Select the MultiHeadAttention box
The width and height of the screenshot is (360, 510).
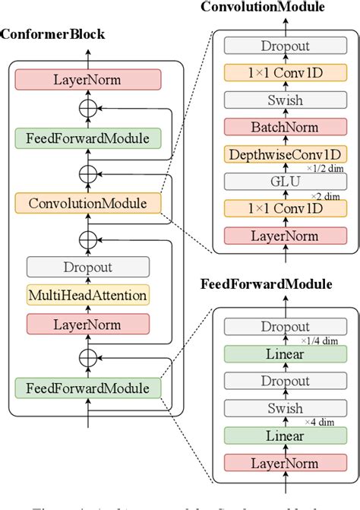(87, 295)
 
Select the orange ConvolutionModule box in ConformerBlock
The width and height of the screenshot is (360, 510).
(87, 203)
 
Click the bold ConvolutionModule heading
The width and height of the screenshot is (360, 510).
(263, 8)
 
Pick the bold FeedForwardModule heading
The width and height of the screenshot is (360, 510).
(266, 285)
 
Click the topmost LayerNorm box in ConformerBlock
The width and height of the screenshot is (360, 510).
(87, 80)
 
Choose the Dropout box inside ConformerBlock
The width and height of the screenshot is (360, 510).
(87, 267)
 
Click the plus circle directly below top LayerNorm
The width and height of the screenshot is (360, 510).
(89, 109)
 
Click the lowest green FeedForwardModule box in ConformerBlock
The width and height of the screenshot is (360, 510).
(87, 387)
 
